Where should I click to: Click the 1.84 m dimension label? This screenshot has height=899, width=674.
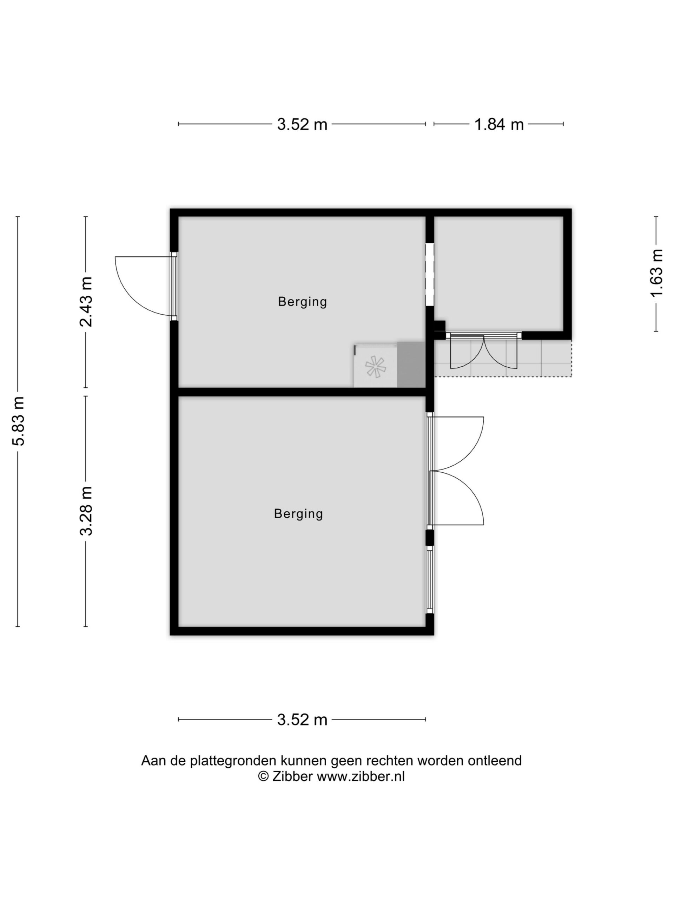(499, 124)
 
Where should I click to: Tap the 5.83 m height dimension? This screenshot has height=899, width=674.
(19, 421)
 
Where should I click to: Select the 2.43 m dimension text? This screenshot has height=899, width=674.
(86, 302)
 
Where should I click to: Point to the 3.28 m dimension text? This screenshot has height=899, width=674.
(86, 511)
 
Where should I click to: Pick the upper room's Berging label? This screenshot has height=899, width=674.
(302, 302)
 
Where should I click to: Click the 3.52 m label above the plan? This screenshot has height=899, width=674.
(302, 124)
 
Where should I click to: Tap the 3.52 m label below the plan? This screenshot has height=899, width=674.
(302, 720)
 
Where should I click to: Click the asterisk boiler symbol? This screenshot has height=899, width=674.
(375, 367)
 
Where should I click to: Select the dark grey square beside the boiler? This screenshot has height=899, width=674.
(411, 365)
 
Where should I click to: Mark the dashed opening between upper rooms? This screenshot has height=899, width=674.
(429, 274)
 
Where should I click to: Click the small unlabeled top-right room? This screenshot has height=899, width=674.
(498, 274)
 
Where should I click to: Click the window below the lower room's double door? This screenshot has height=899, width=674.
(429, 579)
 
